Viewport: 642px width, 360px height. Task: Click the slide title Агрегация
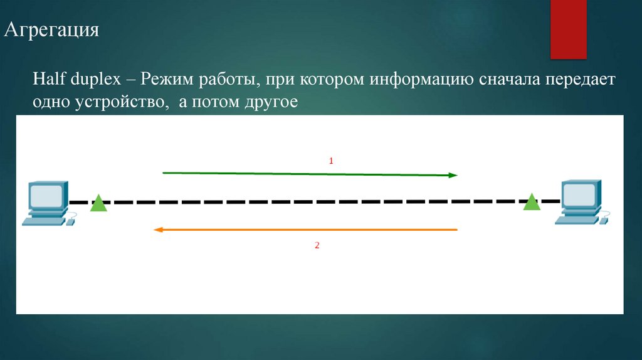click(x=52, y=30)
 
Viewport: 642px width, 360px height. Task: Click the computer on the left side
click(x=46, y=203)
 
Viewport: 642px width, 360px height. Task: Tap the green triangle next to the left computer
click(x=98, y=204)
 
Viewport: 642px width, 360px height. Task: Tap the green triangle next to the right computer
click(x=532, y=202)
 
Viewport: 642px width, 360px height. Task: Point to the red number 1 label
click(x=331, y=161)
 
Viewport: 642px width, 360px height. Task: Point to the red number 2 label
click(x=317, y=246)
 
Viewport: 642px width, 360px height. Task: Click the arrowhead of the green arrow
click(x=453, y=176)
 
